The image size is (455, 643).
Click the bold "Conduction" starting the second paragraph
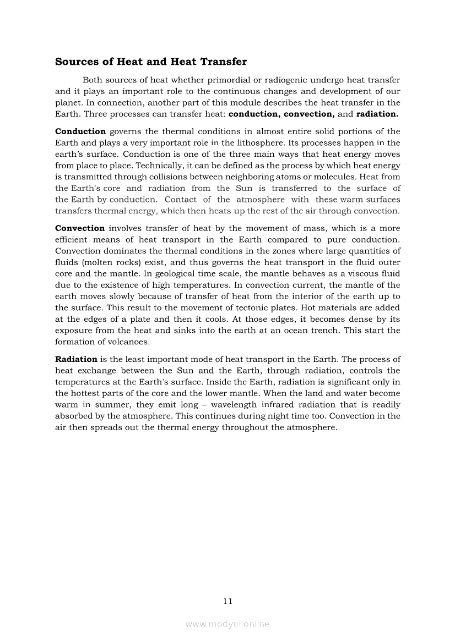click(80, 131)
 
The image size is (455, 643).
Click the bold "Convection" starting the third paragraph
click(80, 228)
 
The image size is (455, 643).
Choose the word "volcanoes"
click(131, 342)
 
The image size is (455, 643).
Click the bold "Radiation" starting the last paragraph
click(76, 359)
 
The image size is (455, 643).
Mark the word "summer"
click(107, 405)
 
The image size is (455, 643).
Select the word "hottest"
click(85, 393)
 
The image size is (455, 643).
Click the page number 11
click(227, 601)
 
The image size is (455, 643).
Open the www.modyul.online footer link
click(227, 624)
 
